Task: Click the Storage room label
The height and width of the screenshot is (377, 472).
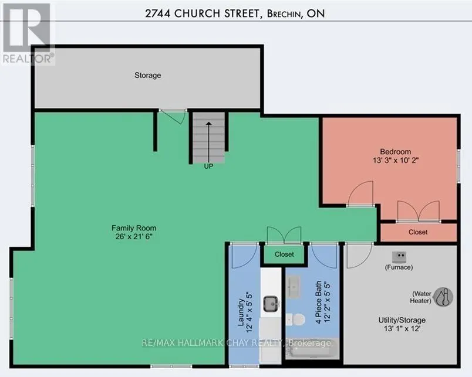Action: coord(147,75)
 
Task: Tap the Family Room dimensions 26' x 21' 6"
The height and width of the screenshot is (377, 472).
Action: coord(134,237)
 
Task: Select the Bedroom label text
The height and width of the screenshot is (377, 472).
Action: coord(395,151)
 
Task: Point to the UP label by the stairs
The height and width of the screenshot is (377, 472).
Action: coord(208,167)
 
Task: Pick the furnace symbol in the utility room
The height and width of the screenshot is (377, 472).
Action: coord(399,257)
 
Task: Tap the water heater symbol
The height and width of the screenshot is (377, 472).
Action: coord(443,297)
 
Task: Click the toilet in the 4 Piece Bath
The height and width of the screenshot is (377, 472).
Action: coord(296,320)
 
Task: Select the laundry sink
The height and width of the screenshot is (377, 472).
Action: coord(271,304)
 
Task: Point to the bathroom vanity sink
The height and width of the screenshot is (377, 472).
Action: coord(292,287)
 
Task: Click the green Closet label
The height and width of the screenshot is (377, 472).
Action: coord(284,254)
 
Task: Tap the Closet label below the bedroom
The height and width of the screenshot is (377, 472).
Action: coord(418,232)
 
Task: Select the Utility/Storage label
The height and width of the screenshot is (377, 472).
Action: coord(402,320)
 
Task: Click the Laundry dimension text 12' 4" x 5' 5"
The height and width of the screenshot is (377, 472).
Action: coord(250,312)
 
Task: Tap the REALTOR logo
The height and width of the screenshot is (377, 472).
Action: coord(28,33)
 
